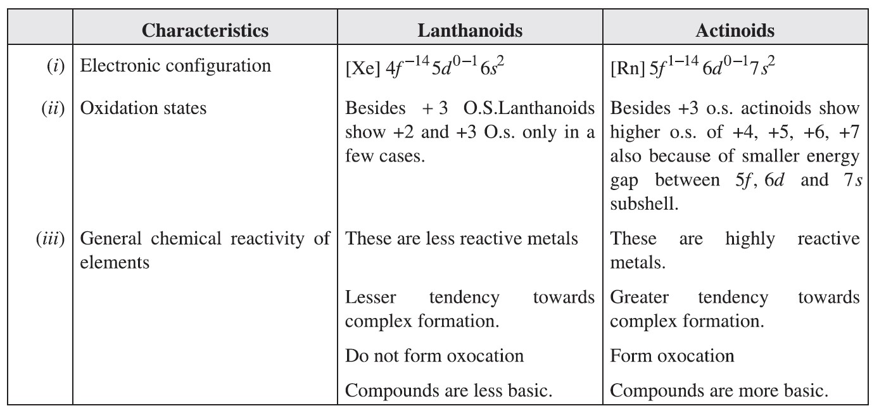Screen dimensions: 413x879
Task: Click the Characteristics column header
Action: click(205, 30)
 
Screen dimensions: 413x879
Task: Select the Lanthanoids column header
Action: click(470, 30)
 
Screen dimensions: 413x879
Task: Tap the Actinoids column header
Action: click(735, 30)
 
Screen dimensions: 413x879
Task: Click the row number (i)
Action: click(56, 67)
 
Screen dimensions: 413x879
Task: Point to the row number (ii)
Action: click(53, 108)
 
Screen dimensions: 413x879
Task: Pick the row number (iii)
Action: click(51, 239)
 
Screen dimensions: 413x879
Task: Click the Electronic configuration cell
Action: click(175, 66)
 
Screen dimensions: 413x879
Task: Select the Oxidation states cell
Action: click(143, 108)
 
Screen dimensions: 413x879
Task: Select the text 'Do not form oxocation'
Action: click(434, 356)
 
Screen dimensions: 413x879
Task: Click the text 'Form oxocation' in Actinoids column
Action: click(672, 356)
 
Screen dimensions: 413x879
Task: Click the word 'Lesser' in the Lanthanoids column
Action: click(367, 298)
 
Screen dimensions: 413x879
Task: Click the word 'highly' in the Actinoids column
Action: click(750, 239)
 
